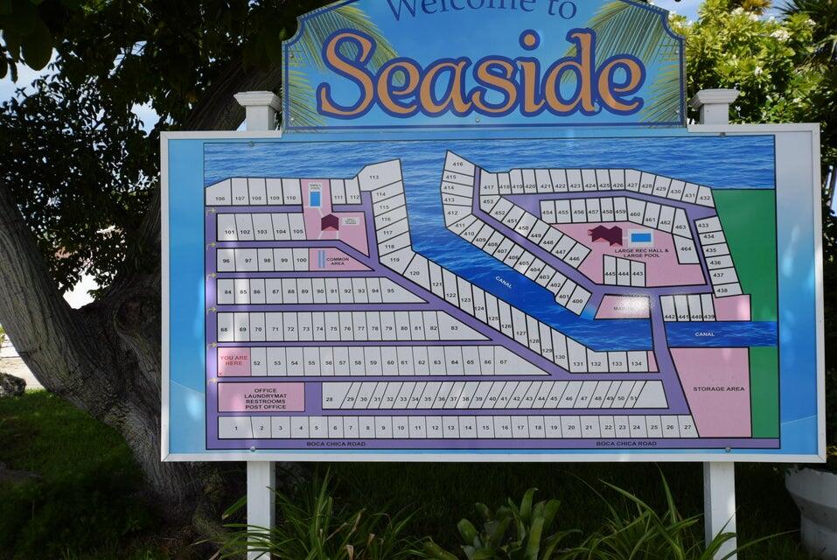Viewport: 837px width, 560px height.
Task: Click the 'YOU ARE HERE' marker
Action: click(234, 360)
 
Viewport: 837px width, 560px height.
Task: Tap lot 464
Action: click(686, 249)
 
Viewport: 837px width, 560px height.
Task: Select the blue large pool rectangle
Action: click(641, 237)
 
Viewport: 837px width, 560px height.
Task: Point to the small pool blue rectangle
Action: click(315, 199)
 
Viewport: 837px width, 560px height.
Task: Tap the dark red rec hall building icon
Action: click(605, 234)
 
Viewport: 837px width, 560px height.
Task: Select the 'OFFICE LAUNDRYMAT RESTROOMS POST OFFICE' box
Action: click(261, 396)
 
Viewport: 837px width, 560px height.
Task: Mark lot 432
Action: click(704, 196)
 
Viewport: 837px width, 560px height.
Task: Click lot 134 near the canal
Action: click(637, 360)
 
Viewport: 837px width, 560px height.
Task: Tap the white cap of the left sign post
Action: click(257, 99)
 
